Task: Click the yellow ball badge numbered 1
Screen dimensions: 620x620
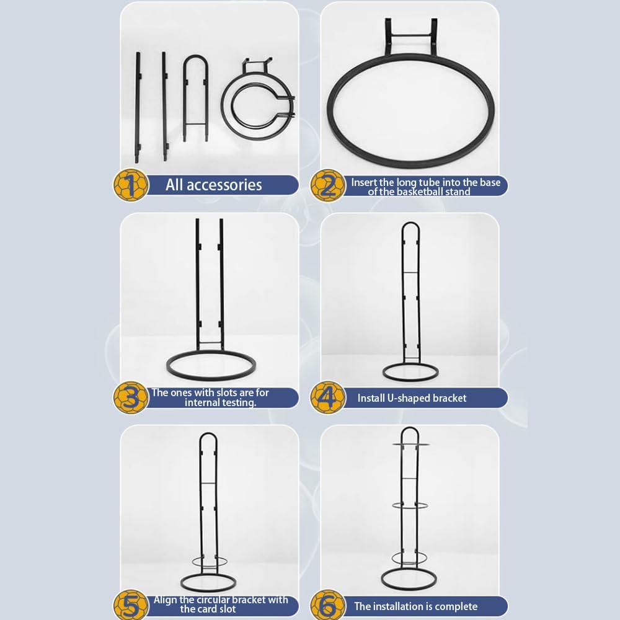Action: point(131,185)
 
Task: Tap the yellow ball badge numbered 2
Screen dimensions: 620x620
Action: point(327,185)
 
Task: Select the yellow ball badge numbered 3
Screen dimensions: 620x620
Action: point(131,397)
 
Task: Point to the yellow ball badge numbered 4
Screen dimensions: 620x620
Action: point(327,397)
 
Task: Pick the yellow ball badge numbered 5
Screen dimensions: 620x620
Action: point(131,605)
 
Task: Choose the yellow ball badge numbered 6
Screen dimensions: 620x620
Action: point(327,605)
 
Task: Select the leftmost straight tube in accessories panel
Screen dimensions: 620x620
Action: point(138,107)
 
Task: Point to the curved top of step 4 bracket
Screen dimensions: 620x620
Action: point(410,224)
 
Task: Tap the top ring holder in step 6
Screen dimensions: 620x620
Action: point(410,445)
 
